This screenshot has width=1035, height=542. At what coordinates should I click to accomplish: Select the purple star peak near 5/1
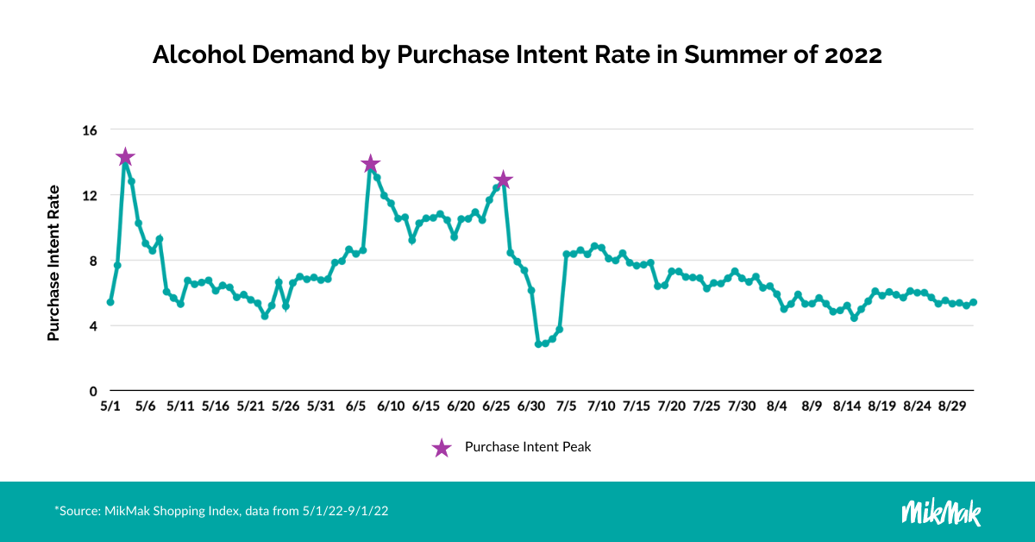point(125,157)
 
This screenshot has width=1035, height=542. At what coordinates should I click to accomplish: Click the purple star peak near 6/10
point(371,164)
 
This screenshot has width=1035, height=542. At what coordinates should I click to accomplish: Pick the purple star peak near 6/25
point(503,180)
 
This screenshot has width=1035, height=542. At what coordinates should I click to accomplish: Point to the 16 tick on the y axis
point(90,130)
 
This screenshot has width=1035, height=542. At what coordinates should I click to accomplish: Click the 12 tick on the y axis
point(90,196)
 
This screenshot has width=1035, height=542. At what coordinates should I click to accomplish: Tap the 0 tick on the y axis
point(93,391)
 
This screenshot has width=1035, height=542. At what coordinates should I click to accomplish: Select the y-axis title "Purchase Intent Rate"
point(53,262)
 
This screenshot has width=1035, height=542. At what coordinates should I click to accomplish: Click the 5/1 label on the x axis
point(110,406)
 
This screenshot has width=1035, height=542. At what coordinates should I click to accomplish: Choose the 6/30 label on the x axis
point(531,406)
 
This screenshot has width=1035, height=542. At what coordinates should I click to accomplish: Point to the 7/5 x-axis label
point(567,406)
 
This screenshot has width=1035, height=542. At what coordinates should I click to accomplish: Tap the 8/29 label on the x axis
point(952,406)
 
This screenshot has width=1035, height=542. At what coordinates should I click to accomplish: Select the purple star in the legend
point(441,447)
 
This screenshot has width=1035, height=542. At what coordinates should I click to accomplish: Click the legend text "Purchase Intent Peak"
point(527,447)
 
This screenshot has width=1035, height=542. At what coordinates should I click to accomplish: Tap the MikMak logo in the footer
point(941,511)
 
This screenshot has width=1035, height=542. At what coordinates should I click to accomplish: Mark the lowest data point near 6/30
point(538,343)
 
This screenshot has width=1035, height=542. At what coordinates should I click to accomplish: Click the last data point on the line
point(974,302)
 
